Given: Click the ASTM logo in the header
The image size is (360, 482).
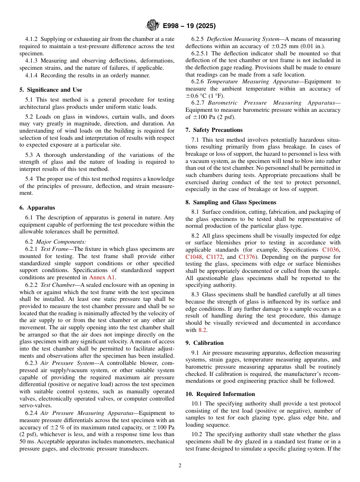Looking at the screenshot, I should click(153, 26).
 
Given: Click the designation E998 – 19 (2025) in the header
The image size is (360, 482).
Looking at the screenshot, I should click(189, 26).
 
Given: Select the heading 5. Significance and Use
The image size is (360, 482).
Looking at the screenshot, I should click(51, 90).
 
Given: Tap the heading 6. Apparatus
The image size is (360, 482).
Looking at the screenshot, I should click(37, 208).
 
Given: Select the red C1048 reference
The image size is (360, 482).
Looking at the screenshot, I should click(194, 257).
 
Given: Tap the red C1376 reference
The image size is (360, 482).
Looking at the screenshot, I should click(247, 257).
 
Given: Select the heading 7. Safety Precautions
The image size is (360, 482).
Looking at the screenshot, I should click(214, 130).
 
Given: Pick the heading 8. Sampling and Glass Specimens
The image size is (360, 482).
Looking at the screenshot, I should click(231, 202).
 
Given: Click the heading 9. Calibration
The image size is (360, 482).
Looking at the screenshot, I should click(205, 343).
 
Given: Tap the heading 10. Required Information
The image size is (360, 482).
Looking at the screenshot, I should click(220, 394).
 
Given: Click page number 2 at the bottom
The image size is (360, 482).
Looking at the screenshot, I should click(180, 466).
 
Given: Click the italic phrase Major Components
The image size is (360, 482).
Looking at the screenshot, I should click(61, 242).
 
